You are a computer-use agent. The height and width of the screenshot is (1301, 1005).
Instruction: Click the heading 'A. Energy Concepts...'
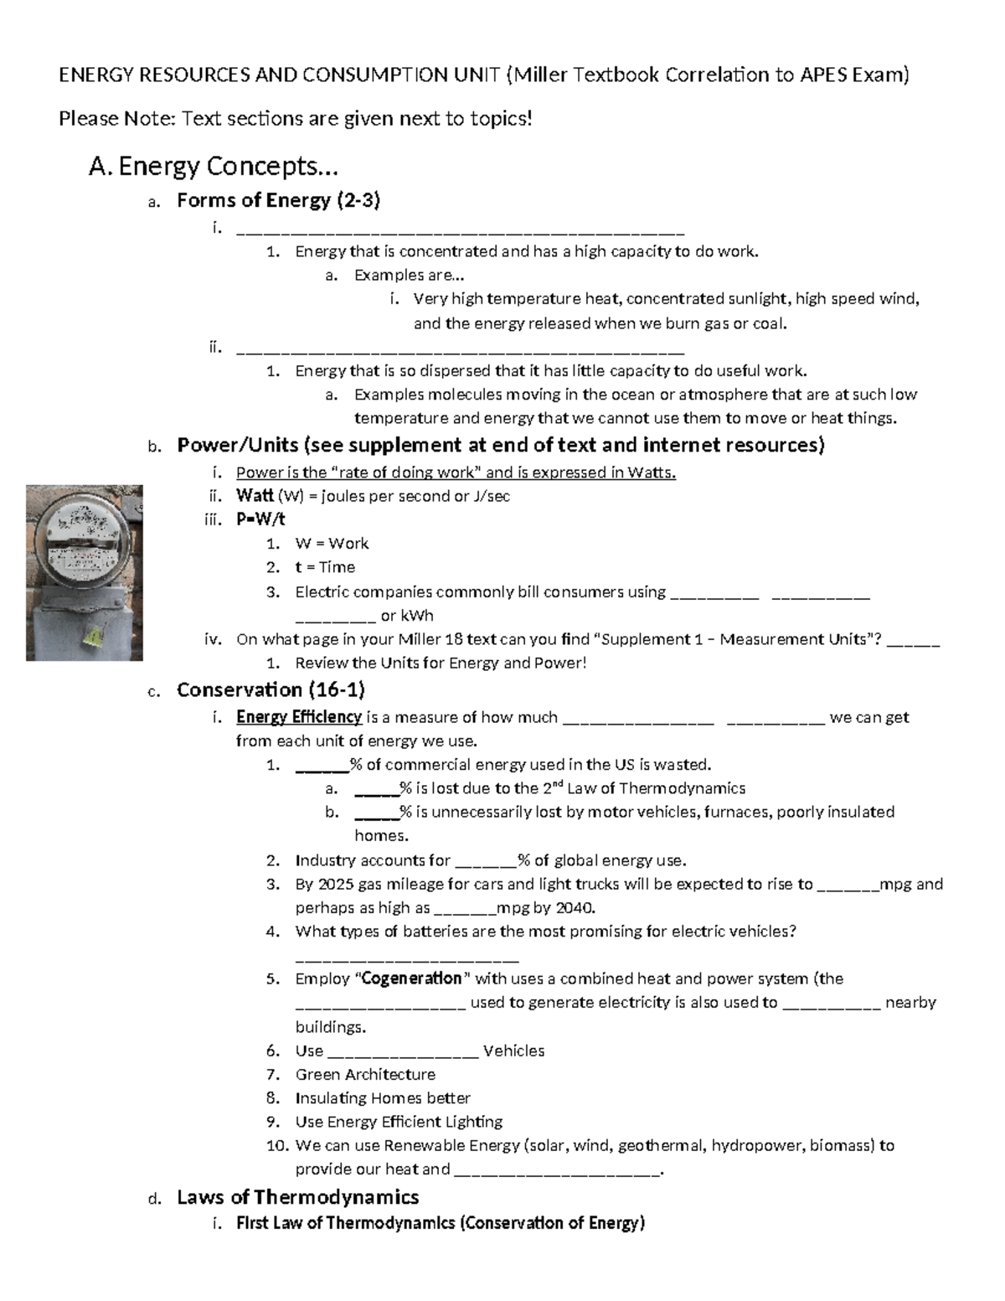(213, 167)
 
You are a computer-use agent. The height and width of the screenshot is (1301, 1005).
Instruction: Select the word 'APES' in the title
(822, 75)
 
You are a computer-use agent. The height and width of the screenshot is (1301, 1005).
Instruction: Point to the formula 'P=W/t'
(260, 519)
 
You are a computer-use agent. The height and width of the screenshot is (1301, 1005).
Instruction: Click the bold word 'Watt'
(255, 496)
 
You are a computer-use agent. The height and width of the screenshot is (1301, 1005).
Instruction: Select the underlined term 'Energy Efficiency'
(299, 717)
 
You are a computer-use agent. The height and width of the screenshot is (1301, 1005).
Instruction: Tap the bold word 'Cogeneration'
(411, 978)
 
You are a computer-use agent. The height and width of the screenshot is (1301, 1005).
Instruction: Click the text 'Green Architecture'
(365, 1074)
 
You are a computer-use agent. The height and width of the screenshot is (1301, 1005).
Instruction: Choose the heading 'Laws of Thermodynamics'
(297, 1196)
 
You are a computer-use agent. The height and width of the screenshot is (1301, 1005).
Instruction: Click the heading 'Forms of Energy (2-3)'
(278, 200)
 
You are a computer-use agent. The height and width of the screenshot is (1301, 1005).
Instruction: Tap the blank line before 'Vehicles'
(403, 1052)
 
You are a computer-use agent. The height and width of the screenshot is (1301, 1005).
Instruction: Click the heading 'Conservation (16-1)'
(271, 689)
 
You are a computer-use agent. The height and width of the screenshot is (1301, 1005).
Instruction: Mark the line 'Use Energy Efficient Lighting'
(399, 1122)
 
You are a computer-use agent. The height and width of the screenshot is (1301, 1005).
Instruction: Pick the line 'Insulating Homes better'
(383, 1098)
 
